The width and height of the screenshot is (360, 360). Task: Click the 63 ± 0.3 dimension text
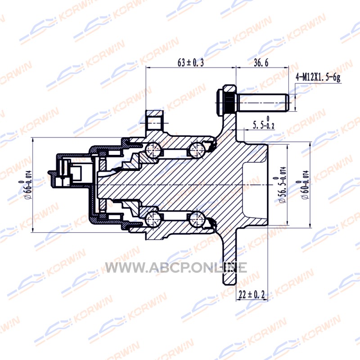click(190, 63)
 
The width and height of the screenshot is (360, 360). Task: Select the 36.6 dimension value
click(261, 63)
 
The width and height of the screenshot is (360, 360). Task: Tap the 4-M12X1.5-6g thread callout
click(318, 77)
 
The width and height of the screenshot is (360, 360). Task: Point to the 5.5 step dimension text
click(264, 123)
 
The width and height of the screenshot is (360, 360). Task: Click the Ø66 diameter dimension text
click(26, 185)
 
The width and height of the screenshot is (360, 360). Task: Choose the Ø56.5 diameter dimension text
click(280, 185)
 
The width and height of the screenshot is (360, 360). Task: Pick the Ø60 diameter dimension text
click(303, 185)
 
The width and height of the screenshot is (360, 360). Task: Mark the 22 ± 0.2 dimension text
click(252, 294)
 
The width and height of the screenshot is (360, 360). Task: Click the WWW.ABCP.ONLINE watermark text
click(175, 267)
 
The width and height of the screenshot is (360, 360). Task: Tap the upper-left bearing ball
click(153, 149)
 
